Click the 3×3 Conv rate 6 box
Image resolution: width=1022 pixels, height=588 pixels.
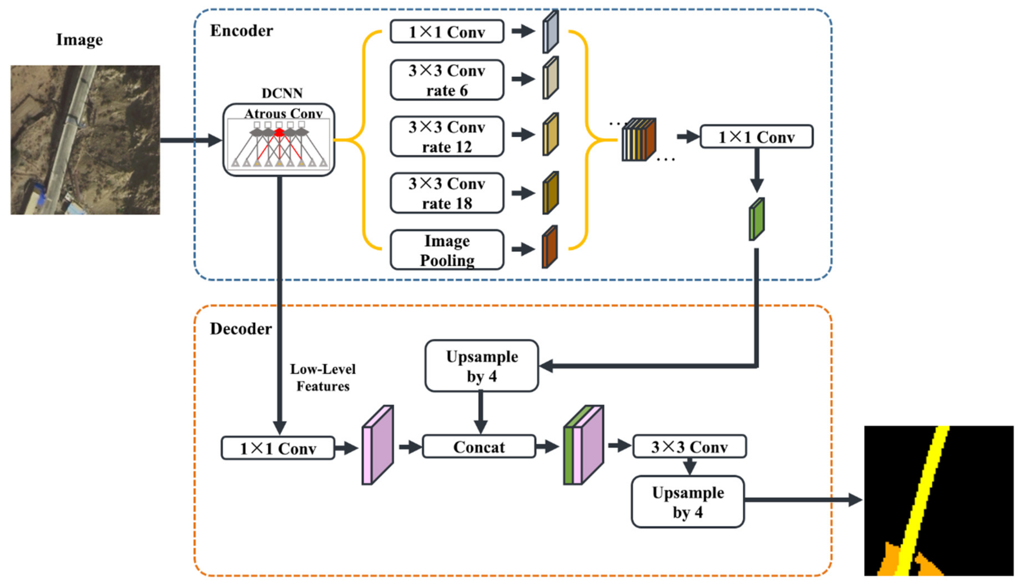tap(447, 80)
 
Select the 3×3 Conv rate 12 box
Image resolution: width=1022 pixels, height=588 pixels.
tap(447, 137)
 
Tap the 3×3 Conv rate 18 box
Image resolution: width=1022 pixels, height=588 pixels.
tap(447, 193)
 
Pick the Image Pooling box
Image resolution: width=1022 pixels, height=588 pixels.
tap(447, 250)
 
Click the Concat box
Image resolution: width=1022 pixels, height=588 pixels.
tap(479, 447)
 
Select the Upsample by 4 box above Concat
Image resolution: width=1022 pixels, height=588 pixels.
tap(481, 366)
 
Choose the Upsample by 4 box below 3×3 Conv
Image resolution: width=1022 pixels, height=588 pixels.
tap(688, 502)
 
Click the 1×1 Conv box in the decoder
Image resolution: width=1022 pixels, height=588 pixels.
tap(278, 448)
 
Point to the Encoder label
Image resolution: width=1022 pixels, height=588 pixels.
tap(241, 31)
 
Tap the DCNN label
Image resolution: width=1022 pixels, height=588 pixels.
tap(282, 93)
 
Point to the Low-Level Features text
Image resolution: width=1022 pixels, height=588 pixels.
tap(323, 378)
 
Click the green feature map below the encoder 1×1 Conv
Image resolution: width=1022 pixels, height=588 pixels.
tap(757, 219)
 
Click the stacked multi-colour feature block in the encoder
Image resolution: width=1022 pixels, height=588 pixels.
tap(638, 140)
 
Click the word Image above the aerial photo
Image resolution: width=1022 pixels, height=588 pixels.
tap(80, 40)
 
